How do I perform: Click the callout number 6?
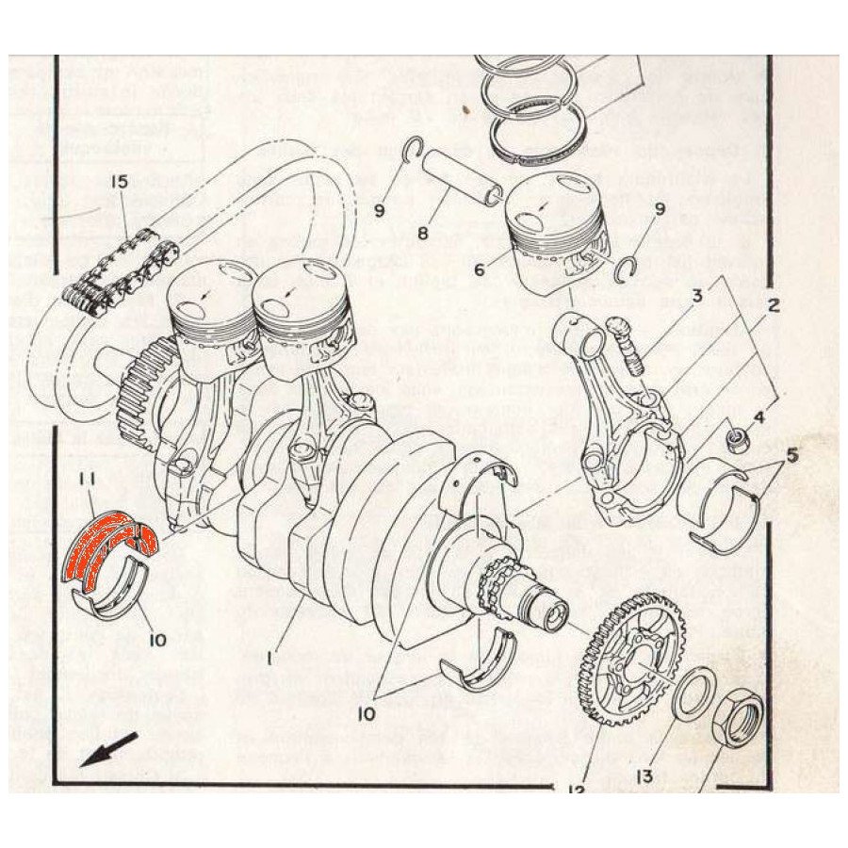coord(480,269)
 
